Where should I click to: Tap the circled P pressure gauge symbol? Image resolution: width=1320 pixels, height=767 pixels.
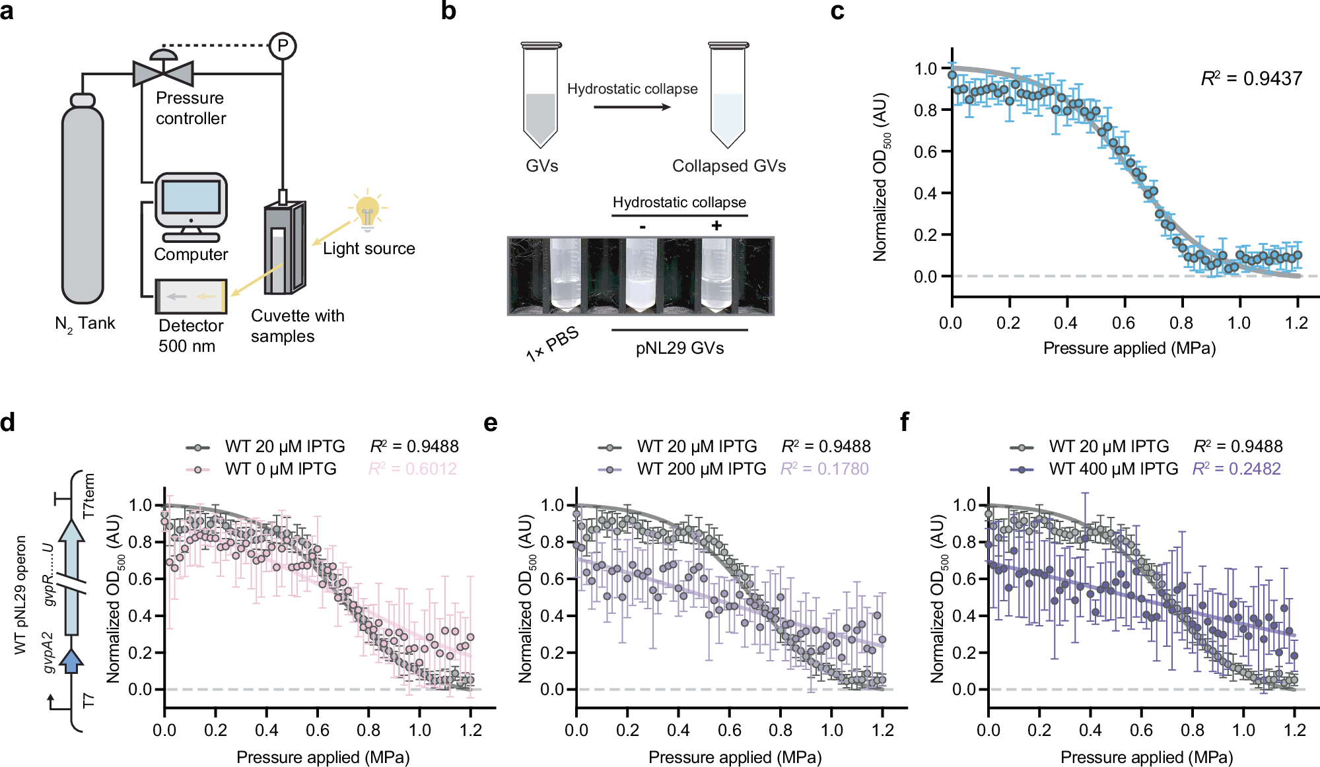[283, 46]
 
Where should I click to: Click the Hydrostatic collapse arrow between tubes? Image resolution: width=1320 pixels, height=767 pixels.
[631, 106]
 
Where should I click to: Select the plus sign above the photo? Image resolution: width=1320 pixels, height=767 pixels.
[716, 226]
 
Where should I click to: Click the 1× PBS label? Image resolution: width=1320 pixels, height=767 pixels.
[553, 343]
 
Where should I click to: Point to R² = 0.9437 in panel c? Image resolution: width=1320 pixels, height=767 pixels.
[1251, 79]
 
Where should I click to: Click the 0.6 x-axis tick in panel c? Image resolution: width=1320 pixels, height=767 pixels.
[1123, 323]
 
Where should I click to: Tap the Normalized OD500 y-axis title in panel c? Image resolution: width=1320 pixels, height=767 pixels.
[881, 177]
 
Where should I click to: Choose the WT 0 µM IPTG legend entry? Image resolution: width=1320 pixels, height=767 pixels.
[280, 469]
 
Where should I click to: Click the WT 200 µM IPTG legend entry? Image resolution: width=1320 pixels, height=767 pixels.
[701, 469]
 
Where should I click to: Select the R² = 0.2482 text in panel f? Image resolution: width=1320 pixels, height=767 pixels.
[1236, 469]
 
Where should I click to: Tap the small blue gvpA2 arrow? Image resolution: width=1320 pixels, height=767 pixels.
[71, 660]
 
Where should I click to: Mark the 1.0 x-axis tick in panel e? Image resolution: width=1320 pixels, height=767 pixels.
[831, 730]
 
